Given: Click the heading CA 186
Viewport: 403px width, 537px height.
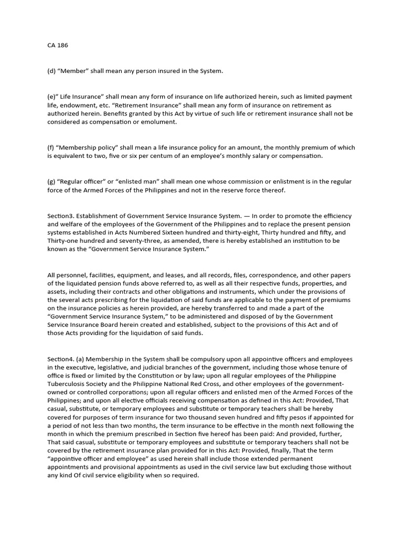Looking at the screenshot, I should [58, 45].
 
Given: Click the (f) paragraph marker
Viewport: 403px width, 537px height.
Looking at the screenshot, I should [51, 147].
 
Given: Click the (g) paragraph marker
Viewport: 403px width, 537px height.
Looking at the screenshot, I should [52, 181].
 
